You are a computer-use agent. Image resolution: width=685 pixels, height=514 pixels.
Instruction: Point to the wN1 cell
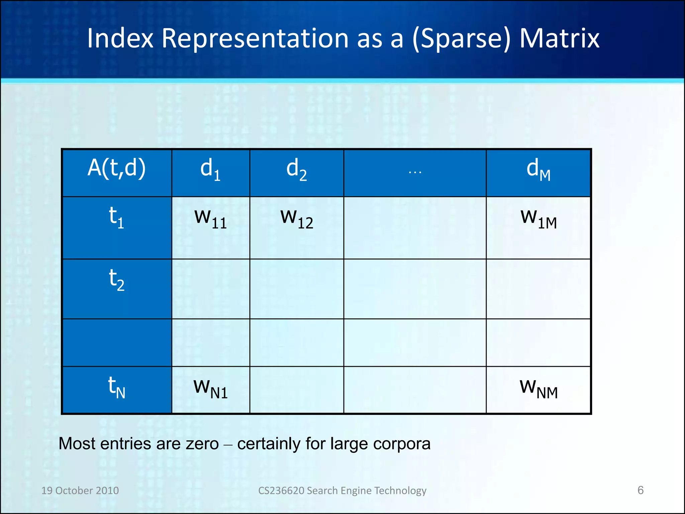coord(210,389)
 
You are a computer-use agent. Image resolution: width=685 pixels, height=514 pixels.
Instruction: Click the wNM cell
coord(539,389)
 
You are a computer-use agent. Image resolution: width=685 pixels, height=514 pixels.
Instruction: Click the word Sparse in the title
coord(462,39)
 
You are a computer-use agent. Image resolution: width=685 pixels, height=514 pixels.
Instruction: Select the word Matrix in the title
coord(559,38)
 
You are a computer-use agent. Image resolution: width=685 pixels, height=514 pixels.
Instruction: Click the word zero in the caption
coord(202,444)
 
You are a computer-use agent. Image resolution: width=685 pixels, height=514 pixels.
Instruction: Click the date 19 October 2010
coord(80,490)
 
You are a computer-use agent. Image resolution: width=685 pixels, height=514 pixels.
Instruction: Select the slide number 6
coord(640,490)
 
